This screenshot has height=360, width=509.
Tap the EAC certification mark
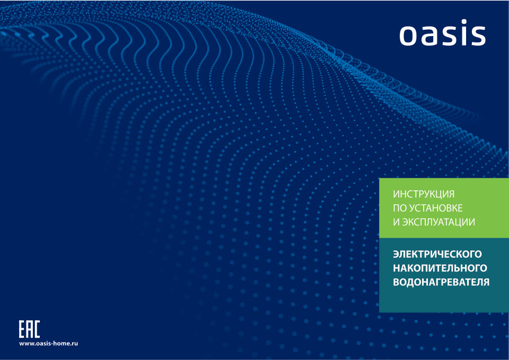29,329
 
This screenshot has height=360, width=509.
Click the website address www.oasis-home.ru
48,344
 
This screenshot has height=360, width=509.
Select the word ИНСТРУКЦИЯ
424,194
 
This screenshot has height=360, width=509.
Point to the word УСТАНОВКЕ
436,208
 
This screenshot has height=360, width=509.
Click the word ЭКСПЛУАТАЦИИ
438,222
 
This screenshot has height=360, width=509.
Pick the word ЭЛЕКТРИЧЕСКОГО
437,254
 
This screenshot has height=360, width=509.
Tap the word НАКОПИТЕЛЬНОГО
440,268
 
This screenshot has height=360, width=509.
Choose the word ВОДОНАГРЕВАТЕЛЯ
441,282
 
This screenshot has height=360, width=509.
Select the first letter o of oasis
408,36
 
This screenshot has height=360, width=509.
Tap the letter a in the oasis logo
428,36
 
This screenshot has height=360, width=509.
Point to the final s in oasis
478,36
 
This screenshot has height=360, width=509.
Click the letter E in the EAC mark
22,329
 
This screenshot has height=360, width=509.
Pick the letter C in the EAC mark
37,329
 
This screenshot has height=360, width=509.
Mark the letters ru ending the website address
75,344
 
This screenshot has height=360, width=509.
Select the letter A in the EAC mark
29,329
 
